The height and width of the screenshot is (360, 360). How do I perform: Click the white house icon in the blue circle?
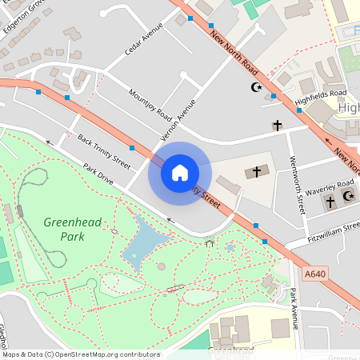[x=179, y=172]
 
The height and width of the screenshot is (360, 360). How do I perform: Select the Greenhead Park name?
[x=73, y=229]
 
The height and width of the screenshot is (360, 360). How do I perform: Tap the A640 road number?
[x=316, y=273]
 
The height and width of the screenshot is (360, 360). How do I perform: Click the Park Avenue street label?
[x=294, y=308]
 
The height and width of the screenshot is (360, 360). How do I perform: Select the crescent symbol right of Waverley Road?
[x=347, y=196]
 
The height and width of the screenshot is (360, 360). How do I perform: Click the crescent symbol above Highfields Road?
[x=257, y=86]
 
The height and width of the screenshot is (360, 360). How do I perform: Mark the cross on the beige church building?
[x=257, y=171]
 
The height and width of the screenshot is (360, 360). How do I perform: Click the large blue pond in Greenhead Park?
[x=145, y=240]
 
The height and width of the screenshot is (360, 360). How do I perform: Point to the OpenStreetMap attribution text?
[x=80, y=354]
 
